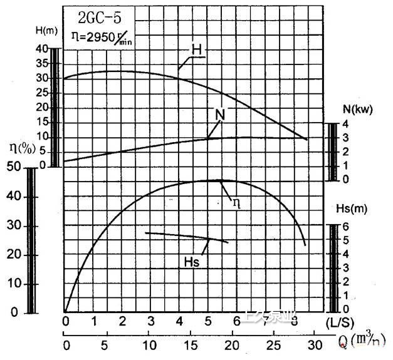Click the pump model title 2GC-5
103,18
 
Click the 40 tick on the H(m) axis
43,49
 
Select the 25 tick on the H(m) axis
43,93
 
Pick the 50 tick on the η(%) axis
14,167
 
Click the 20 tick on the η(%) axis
14,255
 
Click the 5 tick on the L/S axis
209,321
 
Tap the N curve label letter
219,115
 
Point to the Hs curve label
192,262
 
